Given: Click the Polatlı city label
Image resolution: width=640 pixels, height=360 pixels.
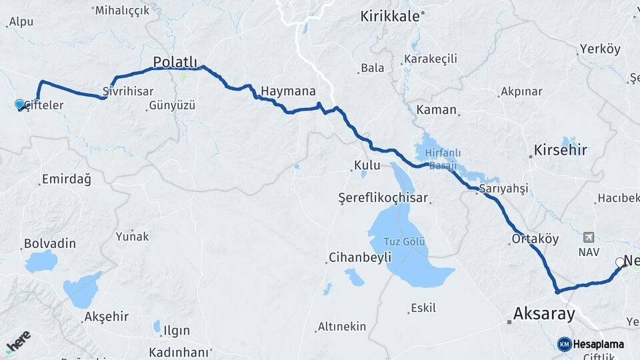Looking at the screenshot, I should [175, 62].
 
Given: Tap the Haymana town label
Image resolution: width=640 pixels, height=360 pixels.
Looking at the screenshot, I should [288, 91].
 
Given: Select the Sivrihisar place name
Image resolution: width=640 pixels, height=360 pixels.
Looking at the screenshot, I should [128, 91].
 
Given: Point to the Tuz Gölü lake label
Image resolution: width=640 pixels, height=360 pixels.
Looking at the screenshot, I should [405, 241].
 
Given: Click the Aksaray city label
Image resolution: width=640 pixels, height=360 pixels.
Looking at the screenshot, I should [544, 313].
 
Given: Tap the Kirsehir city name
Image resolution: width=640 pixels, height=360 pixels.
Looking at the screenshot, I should [560, 150].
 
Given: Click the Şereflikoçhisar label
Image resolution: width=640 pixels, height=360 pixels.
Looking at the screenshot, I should [383, 198].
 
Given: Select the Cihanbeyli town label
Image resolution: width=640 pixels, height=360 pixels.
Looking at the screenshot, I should [359, 258].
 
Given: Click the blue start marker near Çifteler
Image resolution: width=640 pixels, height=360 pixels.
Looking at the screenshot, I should [19, 104].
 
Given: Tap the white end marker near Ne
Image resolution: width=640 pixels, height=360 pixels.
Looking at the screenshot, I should [619, 262].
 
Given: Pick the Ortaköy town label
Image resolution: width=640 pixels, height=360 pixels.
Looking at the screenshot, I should [535, 239].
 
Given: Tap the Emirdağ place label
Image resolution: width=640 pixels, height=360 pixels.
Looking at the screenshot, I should [66, 179].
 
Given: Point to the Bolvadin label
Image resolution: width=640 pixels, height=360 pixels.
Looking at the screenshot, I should [50, 243].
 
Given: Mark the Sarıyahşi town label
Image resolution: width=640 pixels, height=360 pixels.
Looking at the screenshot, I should [503, 189].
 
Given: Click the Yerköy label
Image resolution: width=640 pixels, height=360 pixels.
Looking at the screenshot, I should [600, 49].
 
